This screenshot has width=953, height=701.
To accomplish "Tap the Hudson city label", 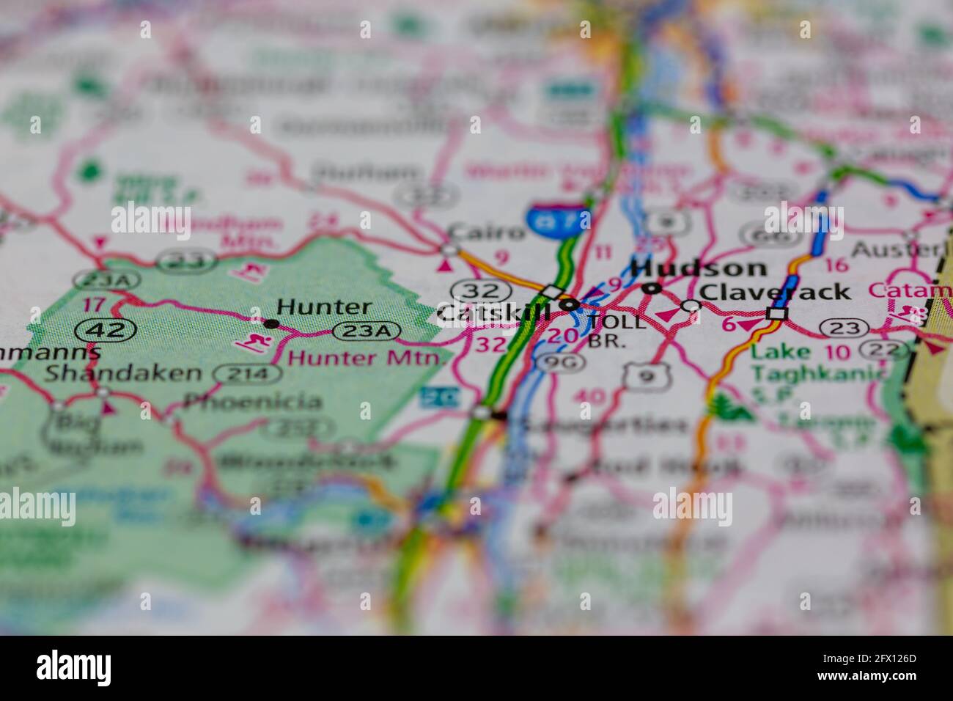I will point(698,268).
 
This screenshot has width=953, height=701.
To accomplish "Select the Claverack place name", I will point(775,292).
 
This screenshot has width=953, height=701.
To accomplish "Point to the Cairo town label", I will point(487,232).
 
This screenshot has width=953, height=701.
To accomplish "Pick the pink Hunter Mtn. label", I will point(367,359).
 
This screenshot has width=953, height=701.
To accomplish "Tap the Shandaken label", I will point(122,372).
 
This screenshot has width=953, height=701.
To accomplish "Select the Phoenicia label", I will point(252,401).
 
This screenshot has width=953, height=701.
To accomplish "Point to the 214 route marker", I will point(247,375).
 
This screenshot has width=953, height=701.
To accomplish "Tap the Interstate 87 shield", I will point(558,218).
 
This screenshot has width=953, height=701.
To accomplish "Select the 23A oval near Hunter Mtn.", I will point(368,331).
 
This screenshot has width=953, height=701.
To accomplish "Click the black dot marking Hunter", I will point(271,323).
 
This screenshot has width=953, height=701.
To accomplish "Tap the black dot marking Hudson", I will point(648,289).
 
